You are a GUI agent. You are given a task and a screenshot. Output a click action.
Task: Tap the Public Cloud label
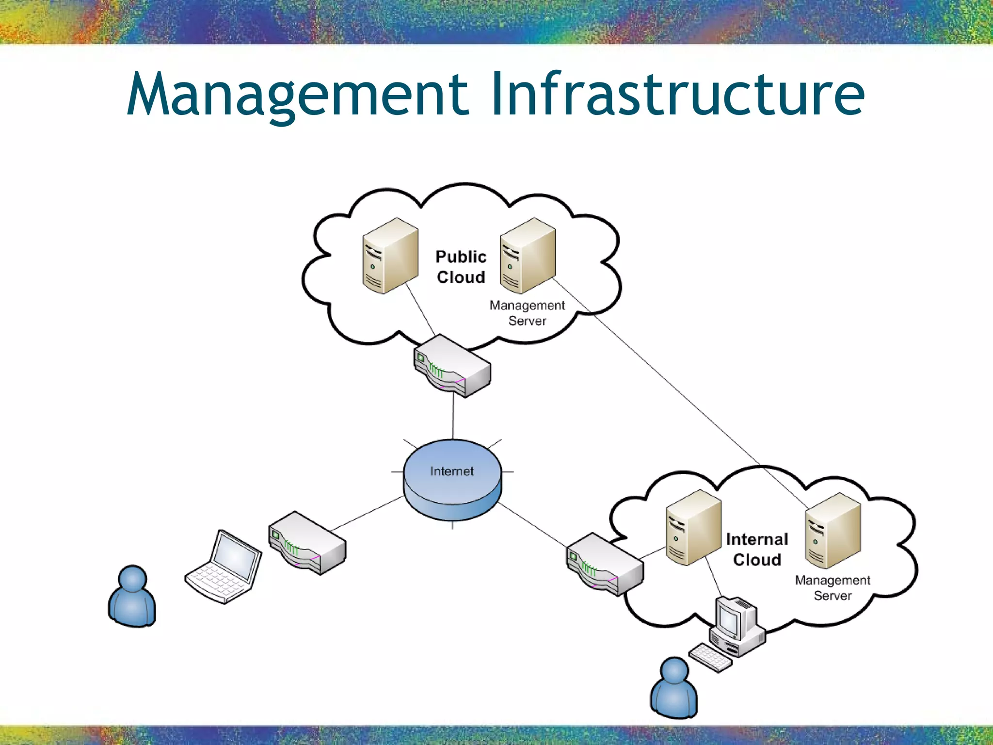461,267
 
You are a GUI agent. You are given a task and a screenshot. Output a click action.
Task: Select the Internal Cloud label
757,550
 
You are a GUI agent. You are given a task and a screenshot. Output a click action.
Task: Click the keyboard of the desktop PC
710,658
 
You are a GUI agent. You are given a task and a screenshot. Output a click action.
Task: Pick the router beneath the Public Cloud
452,366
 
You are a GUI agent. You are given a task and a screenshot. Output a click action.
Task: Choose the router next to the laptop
307,543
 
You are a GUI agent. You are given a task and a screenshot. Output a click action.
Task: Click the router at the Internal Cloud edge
605,565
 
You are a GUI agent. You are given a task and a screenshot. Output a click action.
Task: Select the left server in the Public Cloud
390,256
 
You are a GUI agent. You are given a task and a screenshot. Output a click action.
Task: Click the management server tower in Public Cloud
527,256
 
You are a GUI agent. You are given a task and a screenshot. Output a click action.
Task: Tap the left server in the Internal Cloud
693,528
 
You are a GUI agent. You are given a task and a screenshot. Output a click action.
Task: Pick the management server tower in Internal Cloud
833,531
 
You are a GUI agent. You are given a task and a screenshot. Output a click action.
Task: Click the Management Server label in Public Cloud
527,313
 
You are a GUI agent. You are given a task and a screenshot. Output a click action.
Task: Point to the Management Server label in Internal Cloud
833,588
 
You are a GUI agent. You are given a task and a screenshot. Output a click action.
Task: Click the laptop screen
237,556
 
